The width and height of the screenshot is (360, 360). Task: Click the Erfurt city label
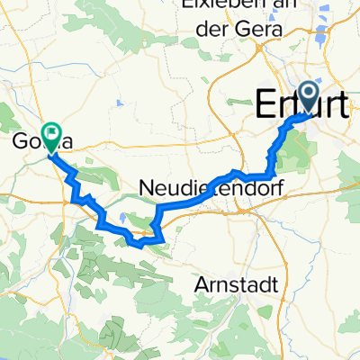(301, 104)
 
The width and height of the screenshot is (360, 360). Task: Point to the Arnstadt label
(235, 284)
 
